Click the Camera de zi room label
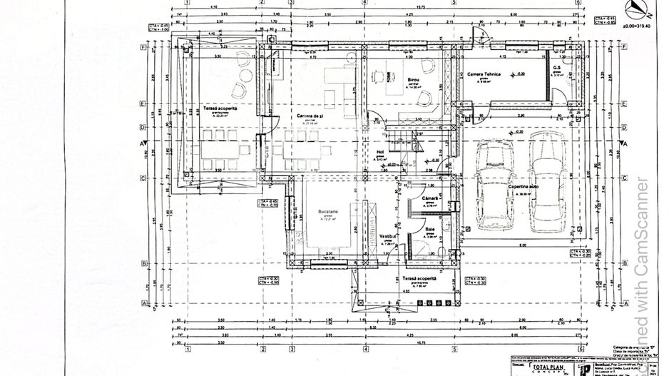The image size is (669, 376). [312, 115]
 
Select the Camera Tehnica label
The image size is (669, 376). [484, 74]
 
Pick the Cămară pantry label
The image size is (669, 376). [429, 198]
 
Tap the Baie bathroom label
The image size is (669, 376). [430, 229]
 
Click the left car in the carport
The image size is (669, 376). [491, 184]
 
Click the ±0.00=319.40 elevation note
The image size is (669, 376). [637, 25]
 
